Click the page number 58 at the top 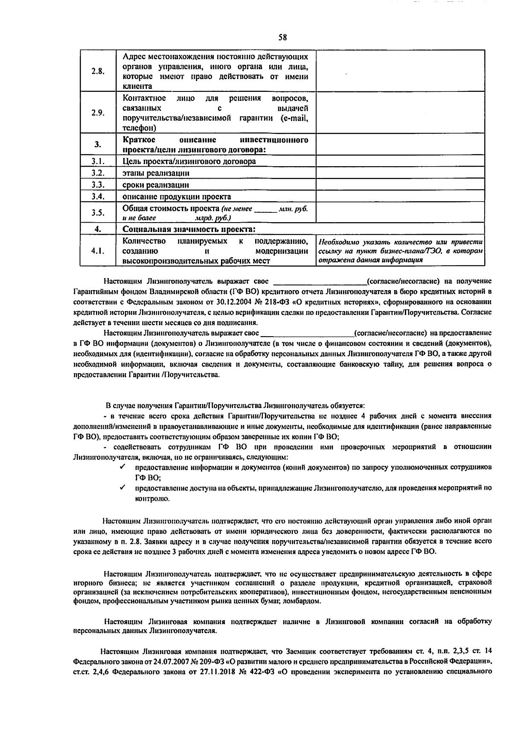282,37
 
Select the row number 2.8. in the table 98,71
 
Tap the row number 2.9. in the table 98,113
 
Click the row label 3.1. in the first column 98,161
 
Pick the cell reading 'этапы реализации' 156,173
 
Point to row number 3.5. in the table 98,212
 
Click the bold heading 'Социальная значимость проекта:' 189,229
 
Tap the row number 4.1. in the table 98,251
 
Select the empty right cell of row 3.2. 400,173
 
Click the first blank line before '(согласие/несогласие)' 319,282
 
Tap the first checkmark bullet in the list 122,467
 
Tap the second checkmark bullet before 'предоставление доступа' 122,487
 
